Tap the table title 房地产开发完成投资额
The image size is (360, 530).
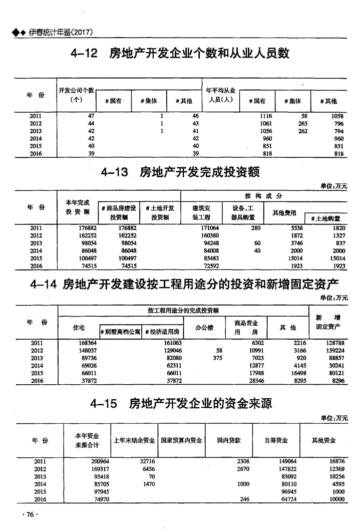[199, 173]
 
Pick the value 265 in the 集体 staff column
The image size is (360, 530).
[302, 123]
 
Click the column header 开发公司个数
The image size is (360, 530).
[76, 90]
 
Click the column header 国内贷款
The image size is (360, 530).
[229, 440]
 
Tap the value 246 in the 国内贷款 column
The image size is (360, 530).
[244, 499]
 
